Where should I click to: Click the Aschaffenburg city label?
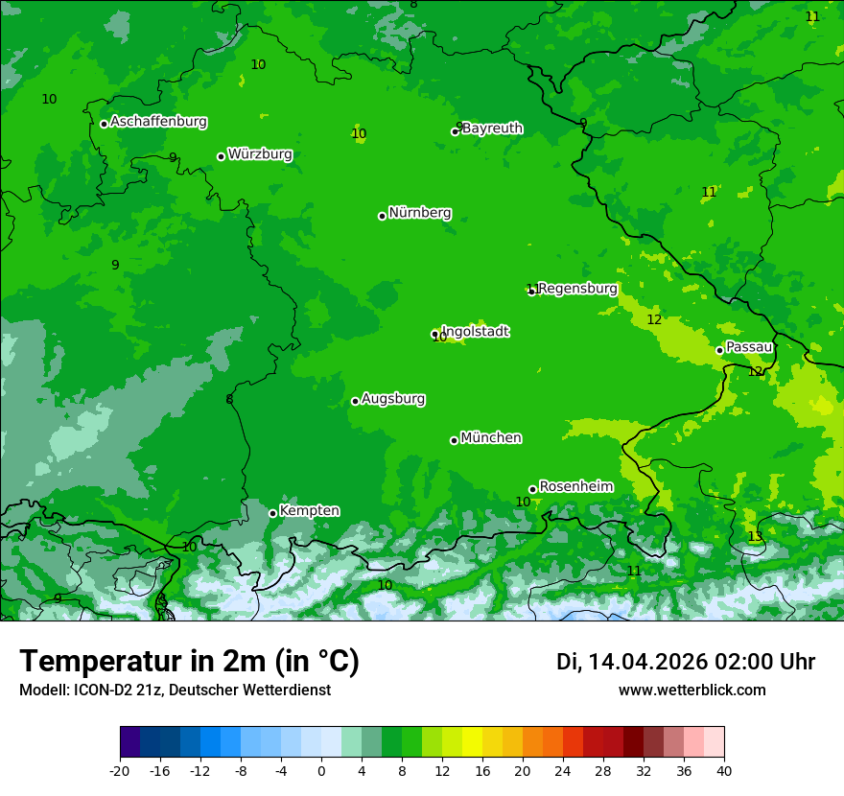coord(158,122)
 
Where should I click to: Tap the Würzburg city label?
coord(260,154)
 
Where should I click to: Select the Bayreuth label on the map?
coord(492,129)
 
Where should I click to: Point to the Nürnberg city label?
coord(419,213)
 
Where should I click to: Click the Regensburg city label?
coord(576,289)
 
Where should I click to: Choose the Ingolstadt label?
coord(476,332)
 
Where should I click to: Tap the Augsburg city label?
coord(393,399)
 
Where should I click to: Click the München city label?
coord(491,438)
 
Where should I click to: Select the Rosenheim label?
coord(575,487)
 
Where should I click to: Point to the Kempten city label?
coord(309,511)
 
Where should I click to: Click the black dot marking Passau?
coord(719,350)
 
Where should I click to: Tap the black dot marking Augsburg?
coord(355,401)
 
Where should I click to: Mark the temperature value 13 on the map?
coord(755,537)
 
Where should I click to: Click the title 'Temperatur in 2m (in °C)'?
coord(189,662)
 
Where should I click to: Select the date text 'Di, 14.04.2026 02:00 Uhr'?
coord(686,662)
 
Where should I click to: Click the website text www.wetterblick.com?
coord(692,691)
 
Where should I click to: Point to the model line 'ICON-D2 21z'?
coord(175,691)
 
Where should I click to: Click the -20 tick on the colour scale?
coord(120,771)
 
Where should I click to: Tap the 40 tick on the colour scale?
coord(724,771)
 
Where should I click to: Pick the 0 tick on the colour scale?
coord(321,771)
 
